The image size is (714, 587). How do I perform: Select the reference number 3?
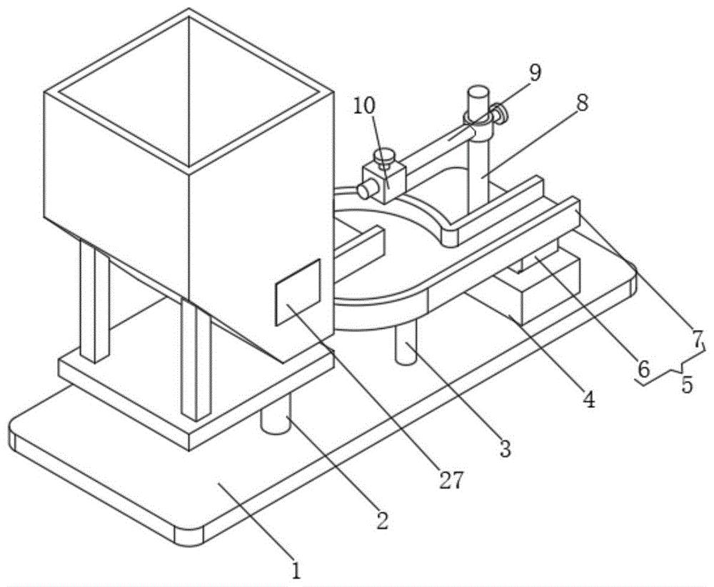click(x=505, y=448)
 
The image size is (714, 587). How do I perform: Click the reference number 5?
click(x=687, y=385)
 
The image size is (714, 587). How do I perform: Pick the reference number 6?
click(x=643, y=370)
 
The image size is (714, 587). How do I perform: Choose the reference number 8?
click(x=581, y=104)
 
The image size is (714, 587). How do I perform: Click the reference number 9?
click(x=535, y=73)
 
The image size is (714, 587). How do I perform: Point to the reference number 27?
click(x=451, y=480)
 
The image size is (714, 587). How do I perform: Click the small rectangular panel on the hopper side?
click(x=298, y=292)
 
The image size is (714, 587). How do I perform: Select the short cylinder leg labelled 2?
click(x=276, y=417)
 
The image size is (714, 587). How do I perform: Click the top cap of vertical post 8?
click(x=478, y=96)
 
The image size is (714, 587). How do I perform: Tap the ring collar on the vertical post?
click(x=478, y=115)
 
